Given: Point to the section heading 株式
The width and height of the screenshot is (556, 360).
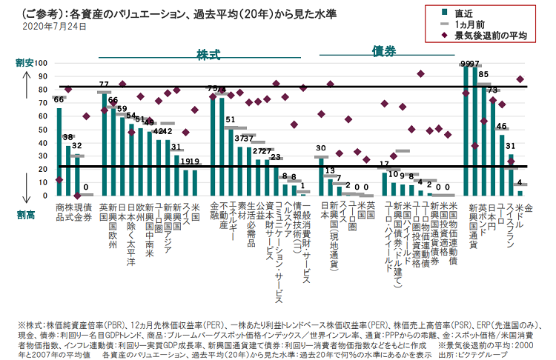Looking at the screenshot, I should [208, 56].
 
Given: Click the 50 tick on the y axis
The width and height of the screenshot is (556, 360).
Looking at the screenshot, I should [43, 129].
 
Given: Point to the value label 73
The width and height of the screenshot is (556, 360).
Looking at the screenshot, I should [492, 90].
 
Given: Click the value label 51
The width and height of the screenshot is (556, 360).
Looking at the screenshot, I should [231, 119].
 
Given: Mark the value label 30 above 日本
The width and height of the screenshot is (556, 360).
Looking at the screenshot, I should [321, 147].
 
